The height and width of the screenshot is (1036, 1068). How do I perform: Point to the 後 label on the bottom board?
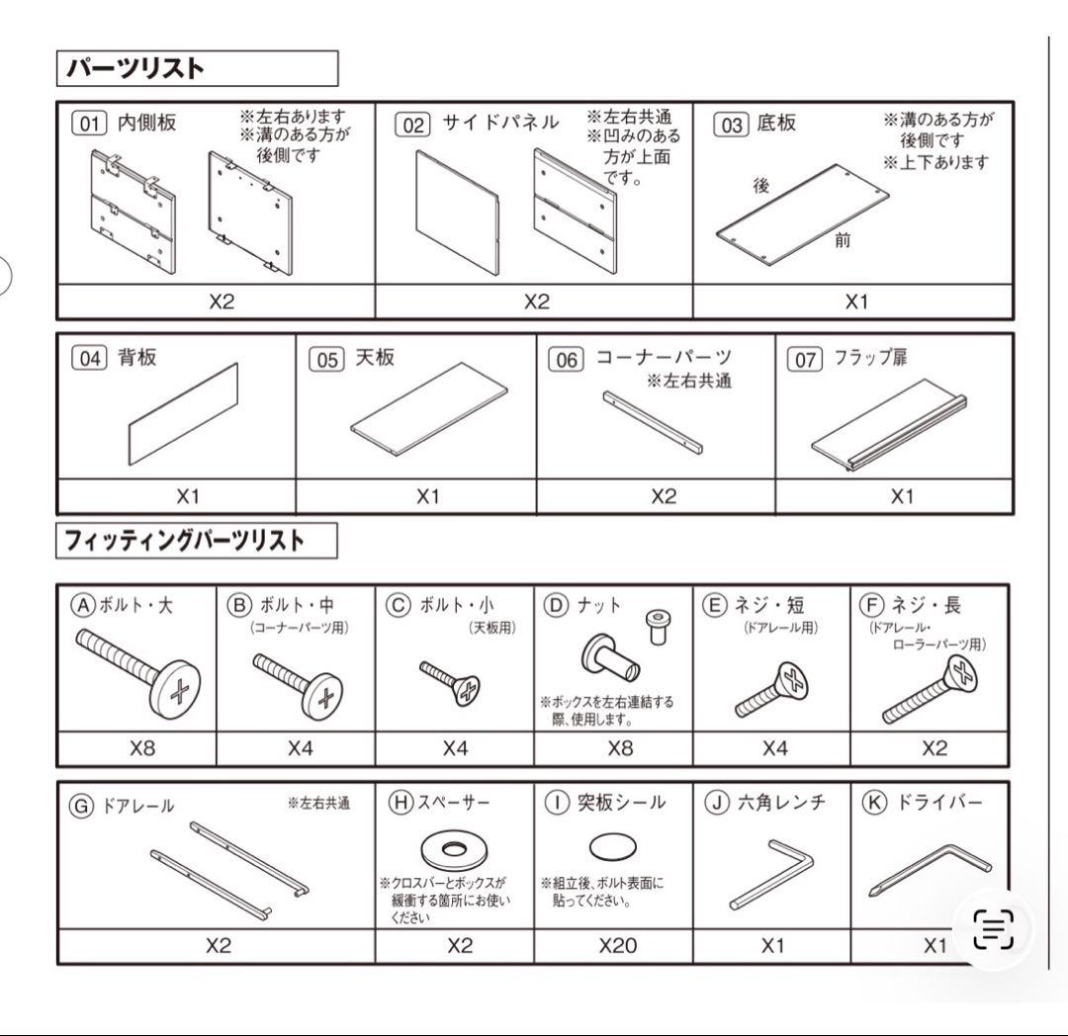[761, 185]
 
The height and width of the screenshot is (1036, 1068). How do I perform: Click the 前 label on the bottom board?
[843, 240]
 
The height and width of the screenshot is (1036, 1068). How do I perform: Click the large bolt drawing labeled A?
[139, 667]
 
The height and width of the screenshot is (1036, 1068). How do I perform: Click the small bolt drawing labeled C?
[452, 682]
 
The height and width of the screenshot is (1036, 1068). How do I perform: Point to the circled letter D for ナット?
[559, 605]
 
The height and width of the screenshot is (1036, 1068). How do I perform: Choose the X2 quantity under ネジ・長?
[934, 748]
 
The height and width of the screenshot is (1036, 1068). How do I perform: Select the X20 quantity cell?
[618, 945]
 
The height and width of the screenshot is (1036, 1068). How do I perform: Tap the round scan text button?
[993, 929]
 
